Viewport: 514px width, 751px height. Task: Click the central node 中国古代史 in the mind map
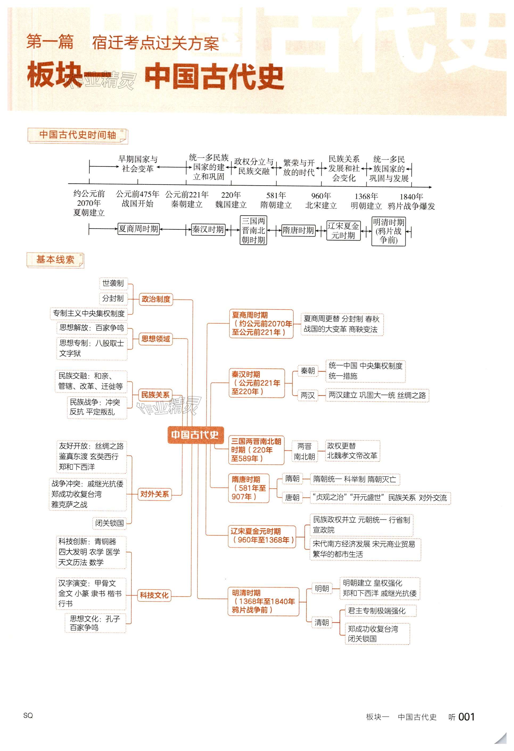click(x=195, y=435)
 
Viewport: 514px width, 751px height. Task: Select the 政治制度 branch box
click(x=156, y=299)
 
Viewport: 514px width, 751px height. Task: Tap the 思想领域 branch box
click(x=155, y=339)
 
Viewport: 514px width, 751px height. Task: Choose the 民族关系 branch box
click(x=155, y=395)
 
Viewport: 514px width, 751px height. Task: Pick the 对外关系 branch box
click(x=155, y=494)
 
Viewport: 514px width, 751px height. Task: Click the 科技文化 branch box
click(x=154, y=595)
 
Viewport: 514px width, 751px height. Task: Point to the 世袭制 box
click(x=113, y=283)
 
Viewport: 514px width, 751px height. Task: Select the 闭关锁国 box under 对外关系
click(x=109, y=523)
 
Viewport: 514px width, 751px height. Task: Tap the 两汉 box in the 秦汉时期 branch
click(x=307, y=395)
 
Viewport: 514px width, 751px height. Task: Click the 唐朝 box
click(x=292, y=498)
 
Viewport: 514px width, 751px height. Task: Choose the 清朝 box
click(x=322, y=622)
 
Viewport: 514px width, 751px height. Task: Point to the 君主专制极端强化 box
click(x=377, y=611)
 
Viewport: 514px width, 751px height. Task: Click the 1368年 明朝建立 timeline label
click(x=366, y=201)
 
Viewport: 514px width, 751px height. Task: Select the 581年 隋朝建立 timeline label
click(x=276, y=200)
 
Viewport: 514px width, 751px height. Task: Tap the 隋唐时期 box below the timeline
click(x=298, y=230)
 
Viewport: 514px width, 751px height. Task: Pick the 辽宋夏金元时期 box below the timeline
click(x=343, y=230)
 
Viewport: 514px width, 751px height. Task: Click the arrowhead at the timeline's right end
click(x=430, y=187)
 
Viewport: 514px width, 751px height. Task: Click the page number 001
click(x=466, y=717)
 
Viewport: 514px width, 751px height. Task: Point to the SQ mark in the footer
click(x=28, y=715)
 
